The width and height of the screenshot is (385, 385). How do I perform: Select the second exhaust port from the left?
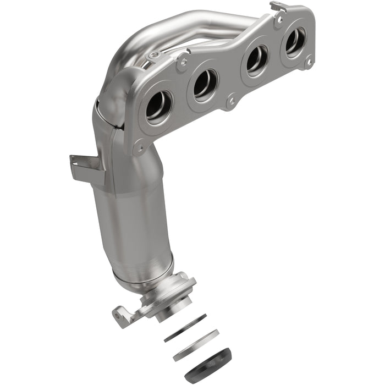pyautogui.click(x=205, y=84)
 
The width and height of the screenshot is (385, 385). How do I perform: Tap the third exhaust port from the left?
pyautogui.click(x=257, y=61)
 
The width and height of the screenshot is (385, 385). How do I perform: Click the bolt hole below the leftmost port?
pyautogui.click(x=140, y=147)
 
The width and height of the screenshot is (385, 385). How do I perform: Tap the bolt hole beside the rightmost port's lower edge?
pyautogui.click(x=309, y=63)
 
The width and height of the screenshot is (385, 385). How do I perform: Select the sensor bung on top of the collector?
pyautogui.click(x=156, y=55)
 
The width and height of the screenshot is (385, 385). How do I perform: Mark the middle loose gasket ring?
pyautogui.click(x=195, y=345)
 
